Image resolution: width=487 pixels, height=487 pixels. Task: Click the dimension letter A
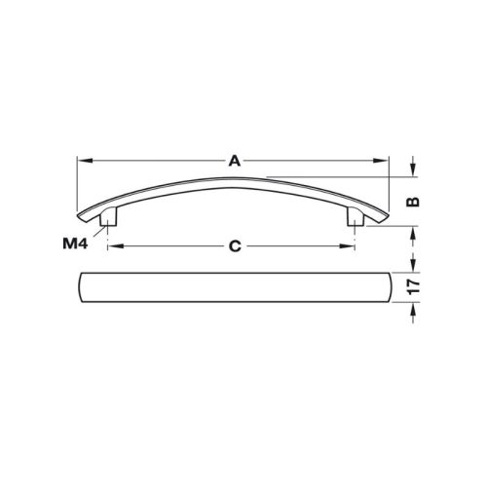tap(234, 163)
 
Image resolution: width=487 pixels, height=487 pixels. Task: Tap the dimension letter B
tap(412, 203)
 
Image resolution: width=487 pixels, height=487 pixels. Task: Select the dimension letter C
tap(235, 246)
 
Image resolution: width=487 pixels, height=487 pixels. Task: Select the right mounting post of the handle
tap(356, 217)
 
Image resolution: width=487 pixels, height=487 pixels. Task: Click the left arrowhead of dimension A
tap(81, 163)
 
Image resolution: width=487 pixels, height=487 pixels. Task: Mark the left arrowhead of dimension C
tap(111, 246)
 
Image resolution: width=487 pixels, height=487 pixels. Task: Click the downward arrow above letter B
tap(412, 171)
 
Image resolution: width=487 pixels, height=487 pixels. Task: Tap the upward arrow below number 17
tap(412, 310)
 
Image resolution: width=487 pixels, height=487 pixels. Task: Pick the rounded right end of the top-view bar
tap(385, 288)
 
